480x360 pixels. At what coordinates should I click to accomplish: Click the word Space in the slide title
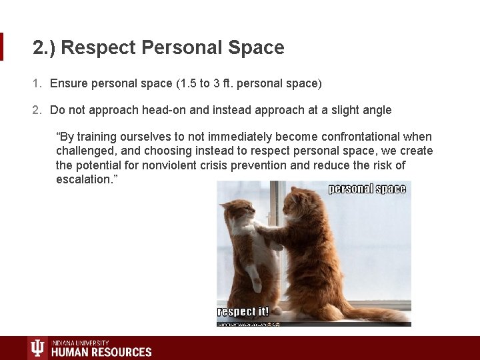[256, 48]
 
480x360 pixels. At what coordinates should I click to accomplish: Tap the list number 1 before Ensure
[36, 83]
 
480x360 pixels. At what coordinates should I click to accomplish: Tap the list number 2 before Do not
[36, 110]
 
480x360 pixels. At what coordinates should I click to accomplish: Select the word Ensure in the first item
[69, 83]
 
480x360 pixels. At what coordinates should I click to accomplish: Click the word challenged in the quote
[86, 151]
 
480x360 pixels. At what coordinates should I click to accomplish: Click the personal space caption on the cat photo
[367, 189]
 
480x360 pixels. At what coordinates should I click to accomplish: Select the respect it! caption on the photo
[243, 311]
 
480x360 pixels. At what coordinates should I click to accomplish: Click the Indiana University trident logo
[37, 348]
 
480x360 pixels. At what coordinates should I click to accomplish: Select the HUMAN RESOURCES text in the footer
[101, 351]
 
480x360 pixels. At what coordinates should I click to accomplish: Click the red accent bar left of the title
[2, 47]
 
